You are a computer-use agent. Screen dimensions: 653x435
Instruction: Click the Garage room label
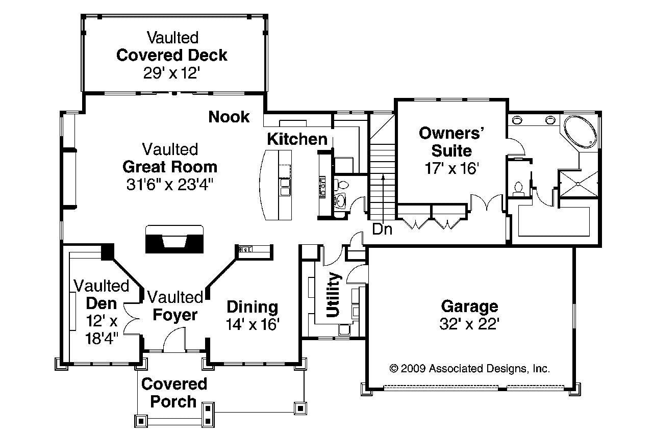pos(469,306)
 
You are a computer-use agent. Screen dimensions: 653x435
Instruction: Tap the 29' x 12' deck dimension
pos(172,73)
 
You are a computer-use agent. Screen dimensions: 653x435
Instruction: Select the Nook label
pos(229,117)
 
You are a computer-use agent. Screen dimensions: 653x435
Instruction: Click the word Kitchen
pos(297,139)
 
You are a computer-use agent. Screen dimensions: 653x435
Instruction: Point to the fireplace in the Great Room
pos(174,239)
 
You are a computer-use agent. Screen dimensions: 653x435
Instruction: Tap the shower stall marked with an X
pos(579,184)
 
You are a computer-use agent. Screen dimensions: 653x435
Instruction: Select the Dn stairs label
pos(382,229)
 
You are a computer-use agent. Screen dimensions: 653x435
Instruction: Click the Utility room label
pos(333,295)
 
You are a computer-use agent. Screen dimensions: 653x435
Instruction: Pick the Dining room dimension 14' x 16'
pos(253,324)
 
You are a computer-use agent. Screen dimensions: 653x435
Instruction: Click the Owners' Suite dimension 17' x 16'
pos(451,168)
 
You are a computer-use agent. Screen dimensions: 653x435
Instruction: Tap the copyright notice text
pos(469,369)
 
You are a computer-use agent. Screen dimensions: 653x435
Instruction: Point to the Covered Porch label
pos(174,393)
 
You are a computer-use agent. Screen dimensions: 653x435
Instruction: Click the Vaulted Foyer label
pos(175,306)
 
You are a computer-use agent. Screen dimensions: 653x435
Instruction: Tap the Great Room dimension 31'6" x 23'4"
pos(170,185)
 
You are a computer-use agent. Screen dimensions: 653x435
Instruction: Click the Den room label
pos(101,303)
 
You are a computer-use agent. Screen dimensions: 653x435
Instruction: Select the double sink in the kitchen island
pos(285,187)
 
